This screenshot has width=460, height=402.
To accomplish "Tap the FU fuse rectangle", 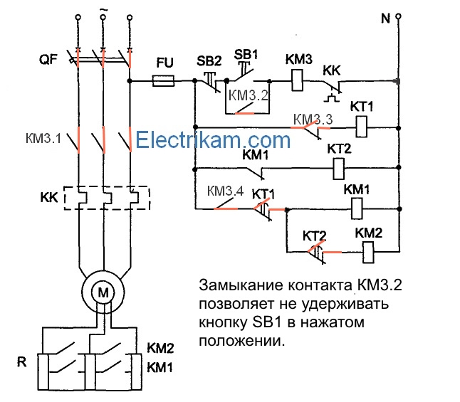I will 165,83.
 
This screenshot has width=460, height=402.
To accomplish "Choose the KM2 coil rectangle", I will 370,251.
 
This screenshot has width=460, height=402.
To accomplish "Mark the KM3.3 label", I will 313,119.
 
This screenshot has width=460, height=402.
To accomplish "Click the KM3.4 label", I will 226,191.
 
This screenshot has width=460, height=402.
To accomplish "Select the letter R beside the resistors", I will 21,361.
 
